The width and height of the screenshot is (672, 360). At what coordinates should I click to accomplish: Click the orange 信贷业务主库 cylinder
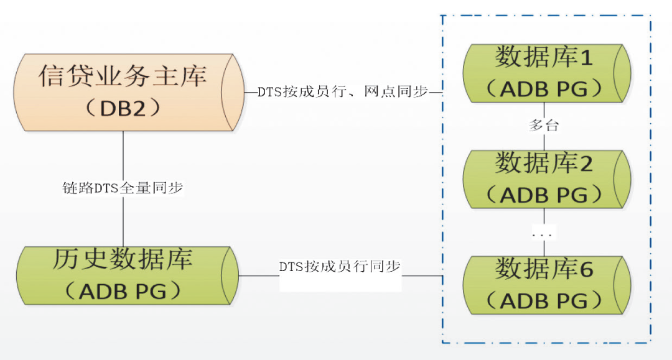[124, 91]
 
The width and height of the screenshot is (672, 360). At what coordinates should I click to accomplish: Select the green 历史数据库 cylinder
[124, 275]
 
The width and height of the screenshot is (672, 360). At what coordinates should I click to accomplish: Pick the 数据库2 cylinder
[544, 179]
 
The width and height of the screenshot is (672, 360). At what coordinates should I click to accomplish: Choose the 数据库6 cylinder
[544, 285]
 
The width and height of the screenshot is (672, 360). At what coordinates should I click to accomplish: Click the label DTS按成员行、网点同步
[343, 91]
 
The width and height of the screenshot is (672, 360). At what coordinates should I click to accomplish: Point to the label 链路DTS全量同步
[123, 188]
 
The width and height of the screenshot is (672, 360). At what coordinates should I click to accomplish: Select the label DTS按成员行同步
[340, 267]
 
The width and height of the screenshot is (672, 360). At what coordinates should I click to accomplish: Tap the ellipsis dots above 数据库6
[544, 234]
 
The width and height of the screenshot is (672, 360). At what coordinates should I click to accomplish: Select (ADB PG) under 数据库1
[544, 90]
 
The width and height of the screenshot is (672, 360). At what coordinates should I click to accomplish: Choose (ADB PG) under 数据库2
[544, 195]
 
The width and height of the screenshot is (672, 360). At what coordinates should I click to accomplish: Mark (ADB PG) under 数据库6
[544, 301]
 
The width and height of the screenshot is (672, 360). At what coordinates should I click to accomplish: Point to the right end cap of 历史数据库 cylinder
[230, 275]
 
